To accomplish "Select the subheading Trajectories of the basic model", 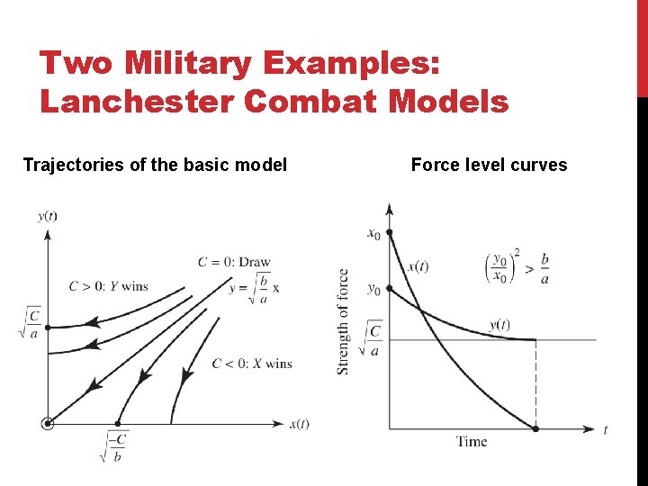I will (x=155, y=165).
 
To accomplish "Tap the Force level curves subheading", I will (x=489, y=165).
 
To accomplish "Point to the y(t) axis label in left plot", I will (x=49, y=215).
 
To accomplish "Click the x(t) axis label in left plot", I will (x=299, y=423).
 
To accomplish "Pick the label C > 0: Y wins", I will (x=108, y=286).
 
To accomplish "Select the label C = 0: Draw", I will (x=234, y=262).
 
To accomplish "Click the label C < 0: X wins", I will (x=252, y=364).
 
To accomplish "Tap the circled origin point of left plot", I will (x=48, y=423).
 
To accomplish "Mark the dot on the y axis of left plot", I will (x=48, y=327).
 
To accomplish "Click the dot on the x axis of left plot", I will (x=117, y=423).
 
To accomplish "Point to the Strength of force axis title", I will (x=344, y=321).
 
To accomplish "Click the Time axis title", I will (x=472, y=441).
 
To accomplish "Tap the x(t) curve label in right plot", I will (x=418, y=265).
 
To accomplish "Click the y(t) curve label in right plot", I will (x=499, y=324).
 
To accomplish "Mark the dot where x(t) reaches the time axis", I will (x=536, y=429).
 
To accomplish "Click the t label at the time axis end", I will (x=606, y=430).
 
